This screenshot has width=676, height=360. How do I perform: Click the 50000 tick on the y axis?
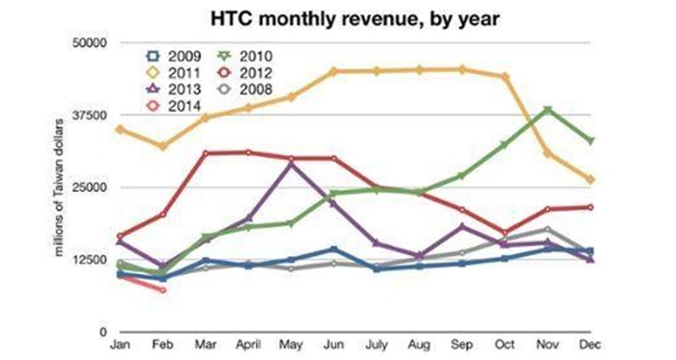pyautogui.click(x=89, y=43)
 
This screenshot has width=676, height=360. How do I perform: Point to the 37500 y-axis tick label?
pyautogui.click(x=89, y=116)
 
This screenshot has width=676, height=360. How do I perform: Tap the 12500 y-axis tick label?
pyautogui.click(x=89, y=260)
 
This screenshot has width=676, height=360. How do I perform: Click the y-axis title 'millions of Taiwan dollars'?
pyautogui.click(x=60, y=187)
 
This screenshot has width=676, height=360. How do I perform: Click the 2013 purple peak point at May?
pyautogui.click(x=290, y=165)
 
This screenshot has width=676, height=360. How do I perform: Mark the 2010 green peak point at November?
pyautogui.click(x=548, y=110)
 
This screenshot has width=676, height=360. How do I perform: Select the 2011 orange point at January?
pyautogui.click(x=119, y=129)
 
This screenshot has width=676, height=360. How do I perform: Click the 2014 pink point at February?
pyautogui.click(x=163, y=290)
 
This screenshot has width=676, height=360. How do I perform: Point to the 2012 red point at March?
pyautogui.click(x=205, y=153)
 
